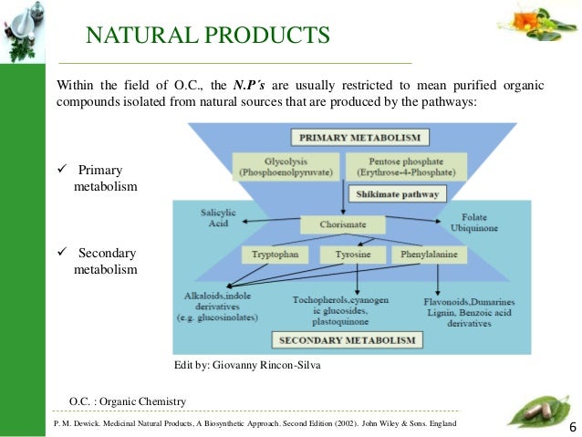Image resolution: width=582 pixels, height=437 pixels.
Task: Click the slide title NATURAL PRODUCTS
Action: coord(207,36)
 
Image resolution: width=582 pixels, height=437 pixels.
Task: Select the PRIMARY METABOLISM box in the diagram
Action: coord(358,138)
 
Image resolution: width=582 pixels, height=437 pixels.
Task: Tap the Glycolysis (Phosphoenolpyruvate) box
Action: coord(286,165)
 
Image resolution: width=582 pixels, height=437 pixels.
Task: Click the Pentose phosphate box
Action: coord(406,165)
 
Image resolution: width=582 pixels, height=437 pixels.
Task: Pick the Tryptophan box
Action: coord(275,255)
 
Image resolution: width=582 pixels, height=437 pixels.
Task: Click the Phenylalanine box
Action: coord(428,255)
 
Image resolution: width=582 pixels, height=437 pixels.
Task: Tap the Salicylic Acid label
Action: coord(218,218)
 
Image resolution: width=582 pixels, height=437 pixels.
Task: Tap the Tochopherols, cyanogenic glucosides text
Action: coord(338,309)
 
